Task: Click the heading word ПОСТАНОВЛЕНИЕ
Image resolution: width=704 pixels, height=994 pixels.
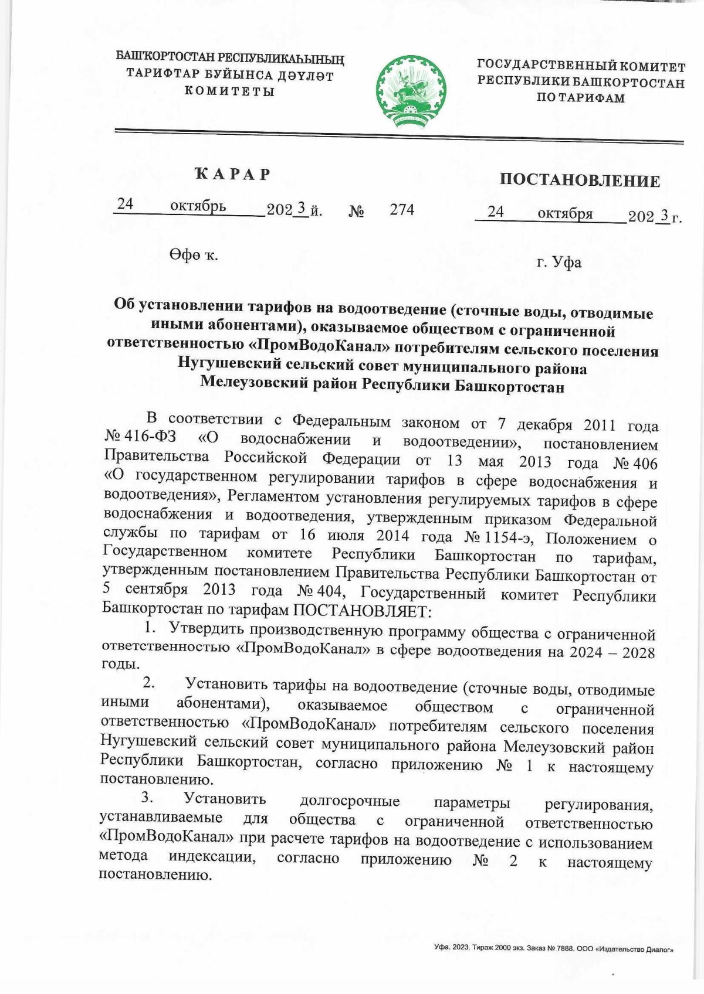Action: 580,180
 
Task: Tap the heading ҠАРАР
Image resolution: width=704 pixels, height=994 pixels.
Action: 233,174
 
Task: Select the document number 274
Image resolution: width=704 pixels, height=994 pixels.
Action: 402,209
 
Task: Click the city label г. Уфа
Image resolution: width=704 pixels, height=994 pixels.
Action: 559,262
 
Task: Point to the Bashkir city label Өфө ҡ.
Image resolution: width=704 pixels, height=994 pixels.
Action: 194,255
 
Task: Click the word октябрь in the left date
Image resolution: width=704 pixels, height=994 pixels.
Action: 198,206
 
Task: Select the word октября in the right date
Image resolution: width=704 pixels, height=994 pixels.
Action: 564,213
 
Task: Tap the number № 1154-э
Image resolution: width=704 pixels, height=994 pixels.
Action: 498,537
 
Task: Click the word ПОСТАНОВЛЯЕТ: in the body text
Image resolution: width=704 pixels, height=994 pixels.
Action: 362,611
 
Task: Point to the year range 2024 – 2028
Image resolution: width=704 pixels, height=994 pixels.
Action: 612,652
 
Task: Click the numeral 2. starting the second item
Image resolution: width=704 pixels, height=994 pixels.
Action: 149,682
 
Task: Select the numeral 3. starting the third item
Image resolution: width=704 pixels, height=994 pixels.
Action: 147,798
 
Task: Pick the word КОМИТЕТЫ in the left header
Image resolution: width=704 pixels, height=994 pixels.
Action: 229,91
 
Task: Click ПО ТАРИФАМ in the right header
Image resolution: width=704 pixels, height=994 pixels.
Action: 580,98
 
